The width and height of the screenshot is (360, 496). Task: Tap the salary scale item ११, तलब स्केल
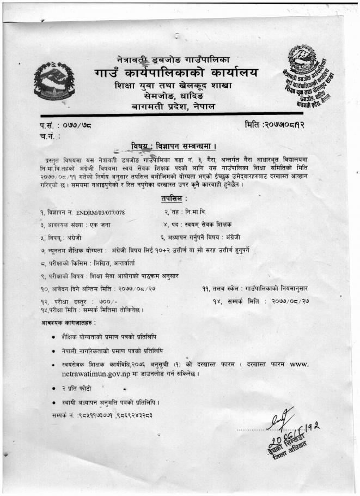click(257, 288)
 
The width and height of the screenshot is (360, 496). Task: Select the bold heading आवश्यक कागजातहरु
click(68, 323)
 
